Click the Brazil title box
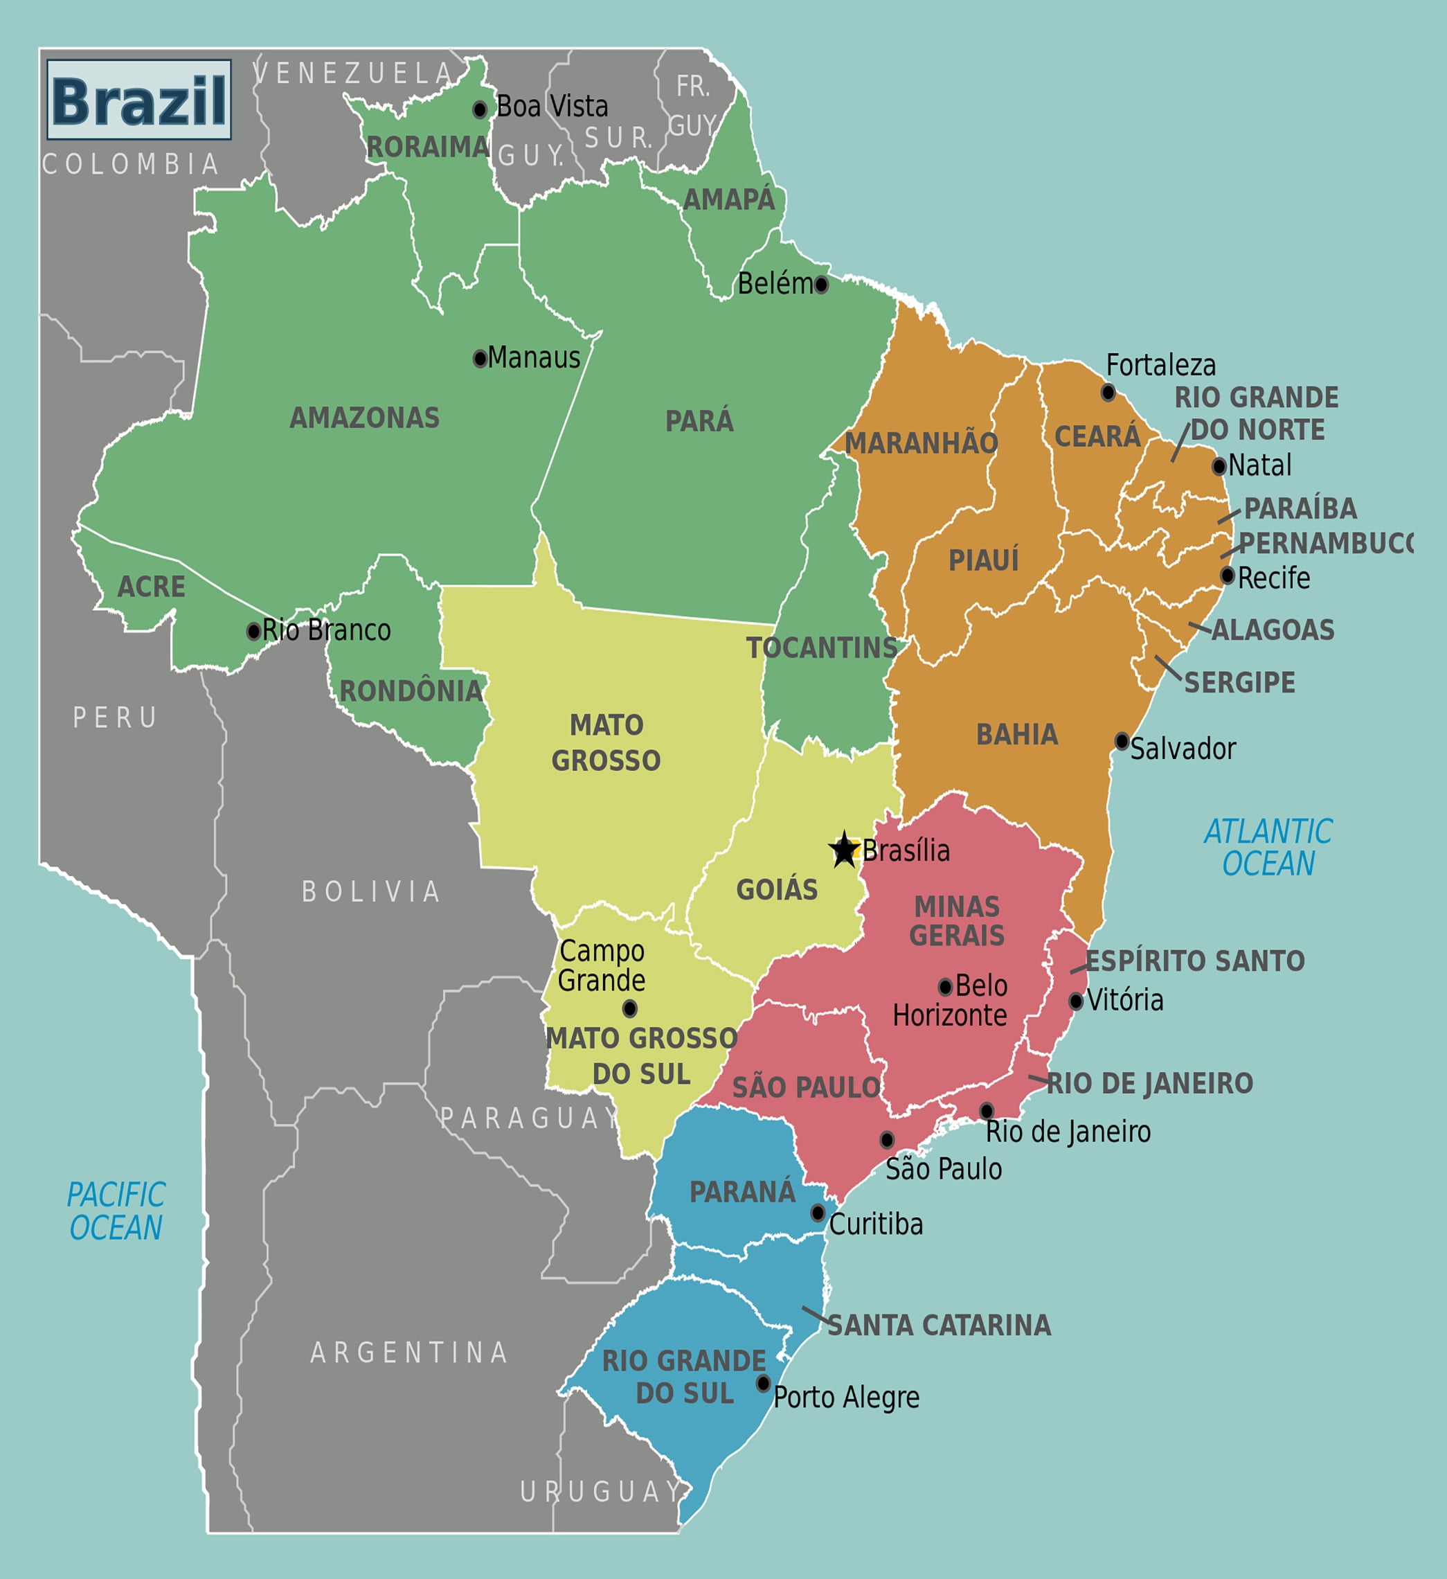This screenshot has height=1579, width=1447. pyautogui.click(x=138, y=100)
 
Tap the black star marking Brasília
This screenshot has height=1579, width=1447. pyautogui.click(x=844, y=849)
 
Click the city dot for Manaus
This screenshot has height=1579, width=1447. pyautogui.click(x=480, y=359)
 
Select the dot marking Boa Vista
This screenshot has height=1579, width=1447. pyautogui.click(x=480, y=109)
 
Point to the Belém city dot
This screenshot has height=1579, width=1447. pyautogui.click(x=820, y=285)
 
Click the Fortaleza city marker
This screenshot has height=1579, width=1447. pyautogui.click(x=1108, y=393)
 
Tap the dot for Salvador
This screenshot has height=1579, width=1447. pyautogui.click(x=1122, y=741)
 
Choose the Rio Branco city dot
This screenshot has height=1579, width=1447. pyautogui.click(x=253, y=632)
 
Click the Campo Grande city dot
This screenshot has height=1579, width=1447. pyautogui.click(x=629, y=1009)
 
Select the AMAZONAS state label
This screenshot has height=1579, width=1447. pyautogui.click(x=364, y=418)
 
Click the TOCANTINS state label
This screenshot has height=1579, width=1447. pyautogui.click(x=821, y=648)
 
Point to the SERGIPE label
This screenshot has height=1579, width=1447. pyautogui.click(x=1239, y=682)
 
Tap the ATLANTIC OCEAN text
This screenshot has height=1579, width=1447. pyautogui.click(x=1268, y=848)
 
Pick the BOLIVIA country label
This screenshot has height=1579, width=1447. pyautogui.click(x=371, y=891)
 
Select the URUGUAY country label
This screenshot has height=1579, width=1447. pyautogui.click(x=600, y=1492)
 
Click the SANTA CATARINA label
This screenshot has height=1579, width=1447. pyautogui.click(x=939, y=1326)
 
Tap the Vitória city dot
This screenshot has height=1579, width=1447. pyautogui.click(x=1076, y=1001)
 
